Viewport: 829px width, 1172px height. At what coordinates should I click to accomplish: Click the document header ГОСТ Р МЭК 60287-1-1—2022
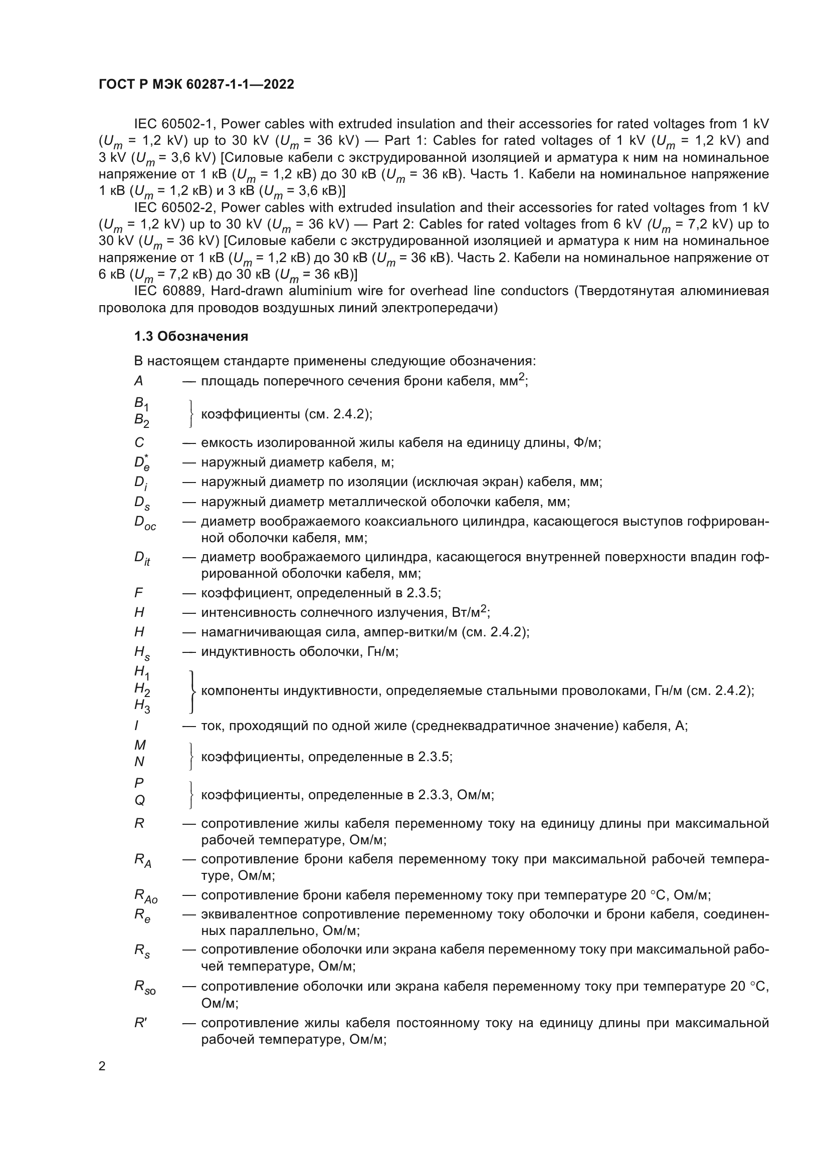pos(196,84)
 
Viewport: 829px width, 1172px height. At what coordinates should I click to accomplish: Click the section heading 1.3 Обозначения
pos(191,336)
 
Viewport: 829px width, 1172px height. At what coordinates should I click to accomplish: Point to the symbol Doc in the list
pos(145,523)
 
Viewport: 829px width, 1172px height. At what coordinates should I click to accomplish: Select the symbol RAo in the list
pos(145,896)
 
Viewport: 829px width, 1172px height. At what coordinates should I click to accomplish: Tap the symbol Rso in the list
pos(144,988)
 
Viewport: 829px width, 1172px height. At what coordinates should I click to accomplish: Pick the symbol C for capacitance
pos(139,442)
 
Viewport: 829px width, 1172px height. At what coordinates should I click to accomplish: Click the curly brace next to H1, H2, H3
pos(192,691)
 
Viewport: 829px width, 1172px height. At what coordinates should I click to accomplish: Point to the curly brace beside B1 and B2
pos(190,413)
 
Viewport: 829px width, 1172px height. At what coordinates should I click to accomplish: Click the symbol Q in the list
pos(139,800)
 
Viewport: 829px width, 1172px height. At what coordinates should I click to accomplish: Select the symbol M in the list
pos(140,745)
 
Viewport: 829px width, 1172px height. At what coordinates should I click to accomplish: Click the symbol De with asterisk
pos(141,462)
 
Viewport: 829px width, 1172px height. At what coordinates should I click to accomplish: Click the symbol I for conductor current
pos(136,726)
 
